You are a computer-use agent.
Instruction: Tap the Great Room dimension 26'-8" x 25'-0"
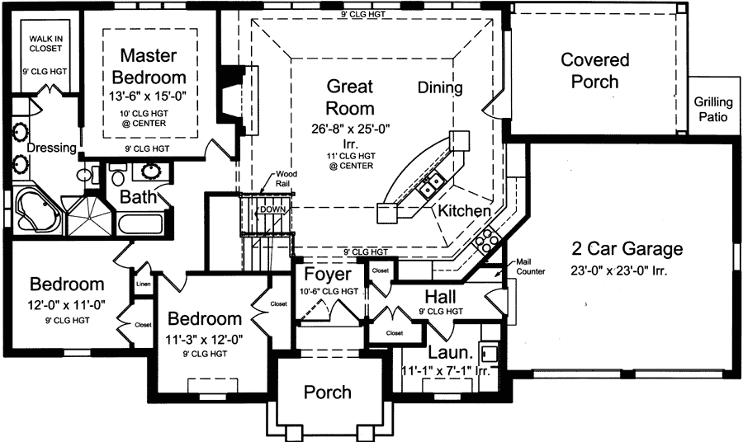pos(349,128)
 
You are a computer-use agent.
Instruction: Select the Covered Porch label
pos(594,71)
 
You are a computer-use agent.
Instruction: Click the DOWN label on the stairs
pos(272,209)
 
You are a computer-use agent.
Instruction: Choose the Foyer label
pos(328,274)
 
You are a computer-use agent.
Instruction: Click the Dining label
pos(440,87)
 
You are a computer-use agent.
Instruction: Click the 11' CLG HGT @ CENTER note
pos(349,160)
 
